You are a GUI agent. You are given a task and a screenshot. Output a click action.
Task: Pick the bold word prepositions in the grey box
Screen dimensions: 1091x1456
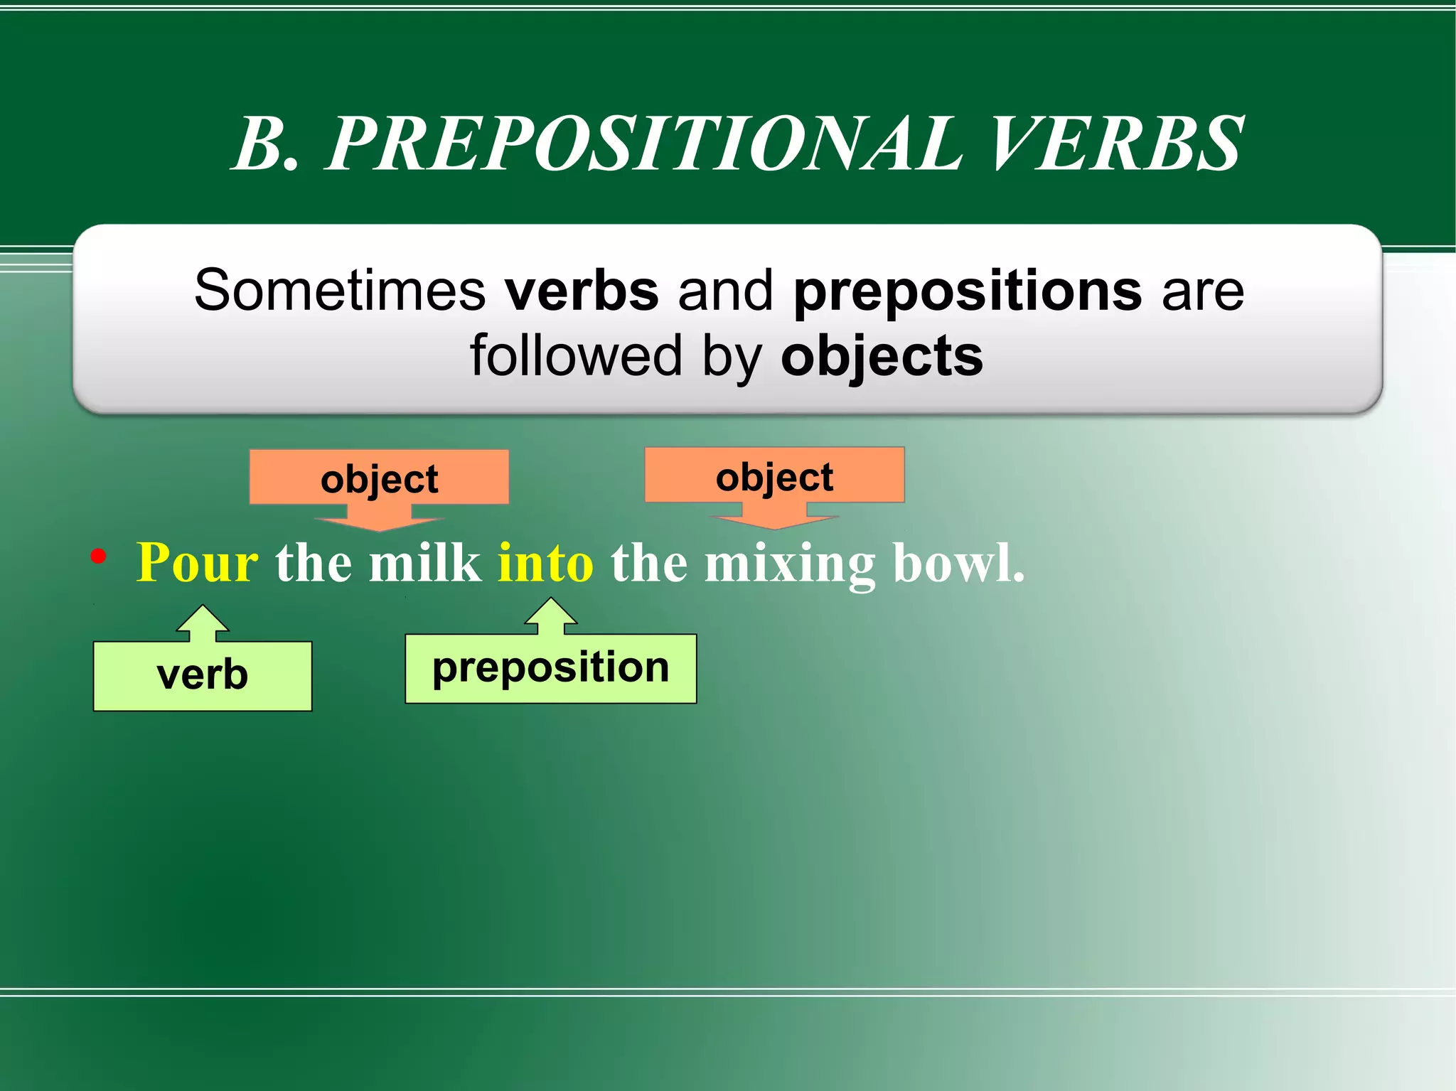(x=968, y=291)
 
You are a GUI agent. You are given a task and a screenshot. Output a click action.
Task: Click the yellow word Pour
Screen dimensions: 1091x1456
(x=197, y=563)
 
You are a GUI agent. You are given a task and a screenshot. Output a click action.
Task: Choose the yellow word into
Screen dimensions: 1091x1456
(x=545, y=563)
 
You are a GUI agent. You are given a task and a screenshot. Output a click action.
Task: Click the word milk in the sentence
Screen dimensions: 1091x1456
(x=424, y=563)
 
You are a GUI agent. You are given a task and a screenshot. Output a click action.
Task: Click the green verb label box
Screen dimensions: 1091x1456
(x=203, y=675)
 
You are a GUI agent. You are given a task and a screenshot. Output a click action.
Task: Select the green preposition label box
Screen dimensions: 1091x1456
(x=550, y=668)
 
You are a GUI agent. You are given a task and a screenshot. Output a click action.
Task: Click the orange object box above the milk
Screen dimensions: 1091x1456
(x=379, y=478)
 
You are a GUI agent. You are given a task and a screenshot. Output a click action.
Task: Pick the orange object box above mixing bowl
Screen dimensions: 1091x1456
(x=774, y=475)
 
